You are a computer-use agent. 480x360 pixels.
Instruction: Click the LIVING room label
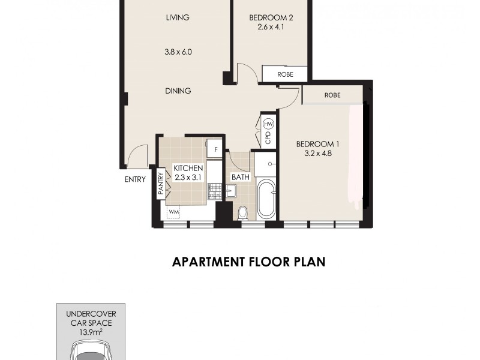[x=178, y=17]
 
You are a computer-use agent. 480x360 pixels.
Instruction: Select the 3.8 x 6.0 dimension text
[x=178, y=52]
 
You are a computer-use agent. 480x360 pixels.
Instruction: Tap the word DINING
[x=178, y=91]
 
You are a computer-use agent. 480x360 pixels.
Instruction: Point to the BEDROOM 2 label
[x=271, y=17]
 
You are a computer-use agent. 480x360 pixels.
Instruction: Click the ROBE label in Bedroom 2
[x=285, y=75]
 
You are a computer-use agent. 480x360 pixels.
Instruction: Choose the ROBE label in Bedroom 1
[x=332, y=95]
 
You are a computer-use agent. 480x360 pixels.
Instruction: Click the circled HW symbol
[x=269, y=124]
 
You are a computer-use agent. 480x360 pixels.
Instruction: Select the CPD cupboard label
[x=268, y=139]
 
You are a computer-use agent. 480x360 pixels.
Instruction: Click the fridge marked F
[x=214, y=146]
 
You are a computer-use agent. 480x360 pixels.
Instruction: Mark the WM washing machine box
[x=173, y=212]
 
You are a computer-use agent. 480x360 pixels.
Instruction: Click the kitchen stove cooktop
[x=215, y=191]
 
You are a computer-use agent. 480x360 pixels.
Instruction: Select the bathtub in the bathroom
[x=266, y=201]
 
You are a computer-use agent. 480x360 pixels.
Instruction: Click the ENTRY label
[x=135, y=179]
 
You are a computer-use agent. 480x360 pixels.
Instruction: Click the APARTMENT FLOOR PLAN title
[x=248, y=262]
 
